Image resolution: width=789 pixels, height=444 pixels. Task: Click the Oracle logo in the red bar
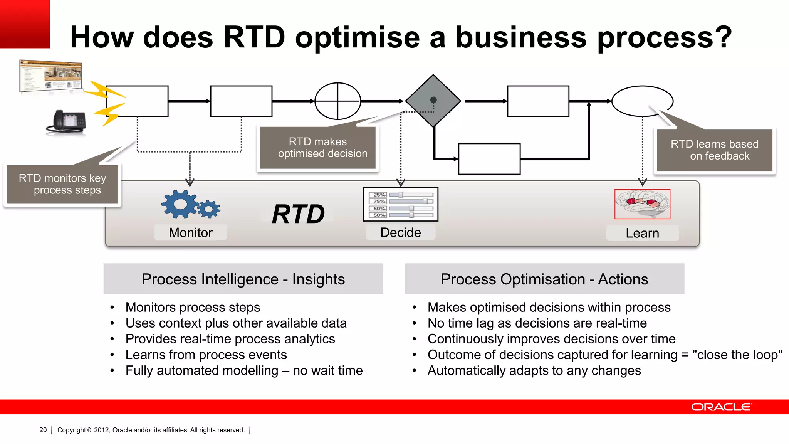pos(721,407)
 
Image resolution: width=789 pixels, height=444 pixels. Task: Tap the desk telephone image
pos(67,122)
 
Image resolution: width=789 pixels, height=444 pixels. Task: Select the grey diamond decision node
pos(433,101)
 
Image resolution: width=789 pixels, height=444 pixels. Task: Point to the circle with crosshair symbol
pos(338,101)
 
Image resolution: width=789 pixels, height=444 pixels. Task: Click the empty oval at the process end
pos(642,101)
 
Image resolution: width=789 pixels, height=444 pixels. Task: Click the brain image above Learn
pos(642,204)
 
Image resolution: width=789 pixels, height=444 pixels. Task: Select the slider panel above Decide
pos(401,204)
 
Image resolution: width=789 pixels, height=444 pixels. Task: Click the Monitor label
pos(191,233)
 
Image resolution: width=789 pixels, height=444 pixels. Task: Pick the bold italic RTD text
pos(298,214)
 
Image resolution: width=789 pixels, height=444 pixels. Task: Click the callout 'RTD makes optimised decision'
pos(318,148)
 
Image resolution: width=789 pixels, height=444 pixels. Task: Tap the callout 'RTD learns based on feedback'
pos(715,150)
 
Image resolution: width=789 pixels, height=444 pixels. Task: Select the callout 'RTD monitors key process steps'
pos(62,184)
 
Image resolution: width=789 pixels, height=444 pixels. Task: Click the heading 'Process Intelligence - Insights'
pos(243,279)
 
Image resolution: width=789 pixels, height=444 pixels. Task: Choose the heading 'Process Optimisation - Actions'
pos(544,279)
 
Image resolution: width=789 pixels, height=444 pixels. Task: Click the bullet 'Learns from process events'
pos(206,355)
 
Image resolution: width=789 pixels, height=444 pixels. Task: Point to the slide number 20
pos(43,430)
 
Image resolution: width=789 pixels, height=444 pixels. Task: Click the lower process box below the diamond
pos(489,159)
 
